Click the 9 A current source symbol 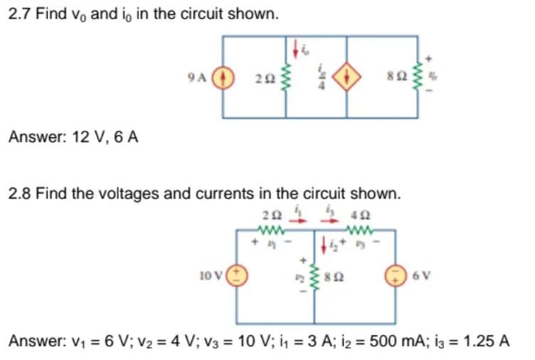point(223,78)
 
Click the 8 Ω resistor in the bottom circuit point(314,274)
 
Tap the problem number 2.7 point(18,14)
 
